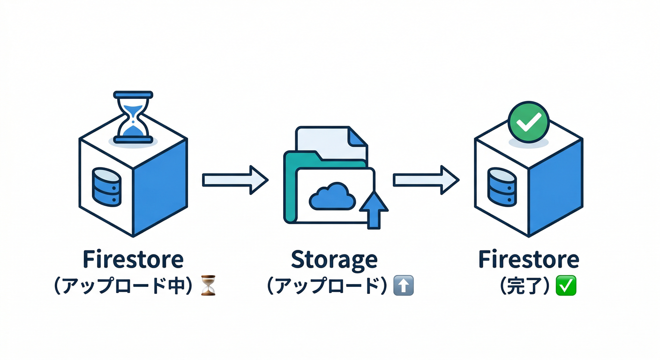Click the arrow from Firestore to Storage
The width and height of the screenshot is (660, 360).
click(235, 180)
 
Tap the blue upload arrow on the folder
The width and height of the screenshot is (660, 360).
click(373, 209)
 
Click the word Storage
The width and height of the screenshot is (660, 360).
click(334, 260)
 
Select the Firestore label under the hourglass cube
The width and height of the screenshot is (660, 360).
click(133, 259)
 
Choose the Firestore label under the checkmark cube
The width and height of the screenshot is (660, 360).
click(528, 259)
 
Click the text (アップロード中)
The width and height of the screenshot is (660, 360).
click(124, 285)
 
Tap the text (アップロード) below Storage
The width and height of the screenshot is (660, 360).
click(327, 285)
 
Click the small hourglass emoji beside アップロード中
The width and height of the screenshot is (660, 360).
click(208, 285)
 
